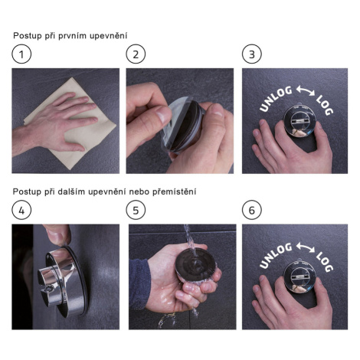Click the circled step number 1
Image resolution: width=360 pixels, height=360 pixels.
tap(21, 54)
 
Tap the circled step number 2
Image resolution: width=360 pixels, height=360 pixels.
tap(136, 54)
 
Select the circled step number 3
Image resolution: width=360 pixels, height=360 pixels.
tap(252, 54)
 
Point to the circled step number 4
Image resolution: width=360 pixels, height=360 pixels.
tap(21, 210)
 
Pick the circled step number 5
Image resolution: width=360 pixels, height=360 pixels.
tap(136, 210)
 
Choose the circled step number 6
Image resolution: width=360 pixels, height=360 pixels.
tap(252, 210)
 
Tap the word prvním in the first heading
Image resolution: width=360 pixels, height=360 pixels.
tap(72, 36)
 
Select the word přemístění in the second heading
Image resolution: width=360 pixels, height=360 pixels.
tap(175, 191)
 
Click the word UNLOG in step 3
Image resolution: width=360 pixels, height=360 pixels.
tap(276, 99)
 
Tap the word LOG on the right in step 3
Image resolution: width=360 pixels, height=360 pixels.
tap(325, 105)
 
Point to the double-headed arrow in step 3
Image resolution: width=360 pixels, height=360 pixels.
tap(306, 91)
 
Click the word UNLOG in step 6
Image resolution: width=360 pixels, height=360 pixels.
tap(276, 256)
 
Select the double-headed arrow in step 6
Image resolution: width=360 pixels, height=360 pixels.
tap(306, 247)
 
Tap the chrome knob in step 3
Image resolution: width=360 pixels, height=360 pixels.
tap(299, 120)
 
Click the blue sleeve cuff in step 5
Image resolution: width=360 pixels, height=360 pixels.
tap(139, 284)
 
